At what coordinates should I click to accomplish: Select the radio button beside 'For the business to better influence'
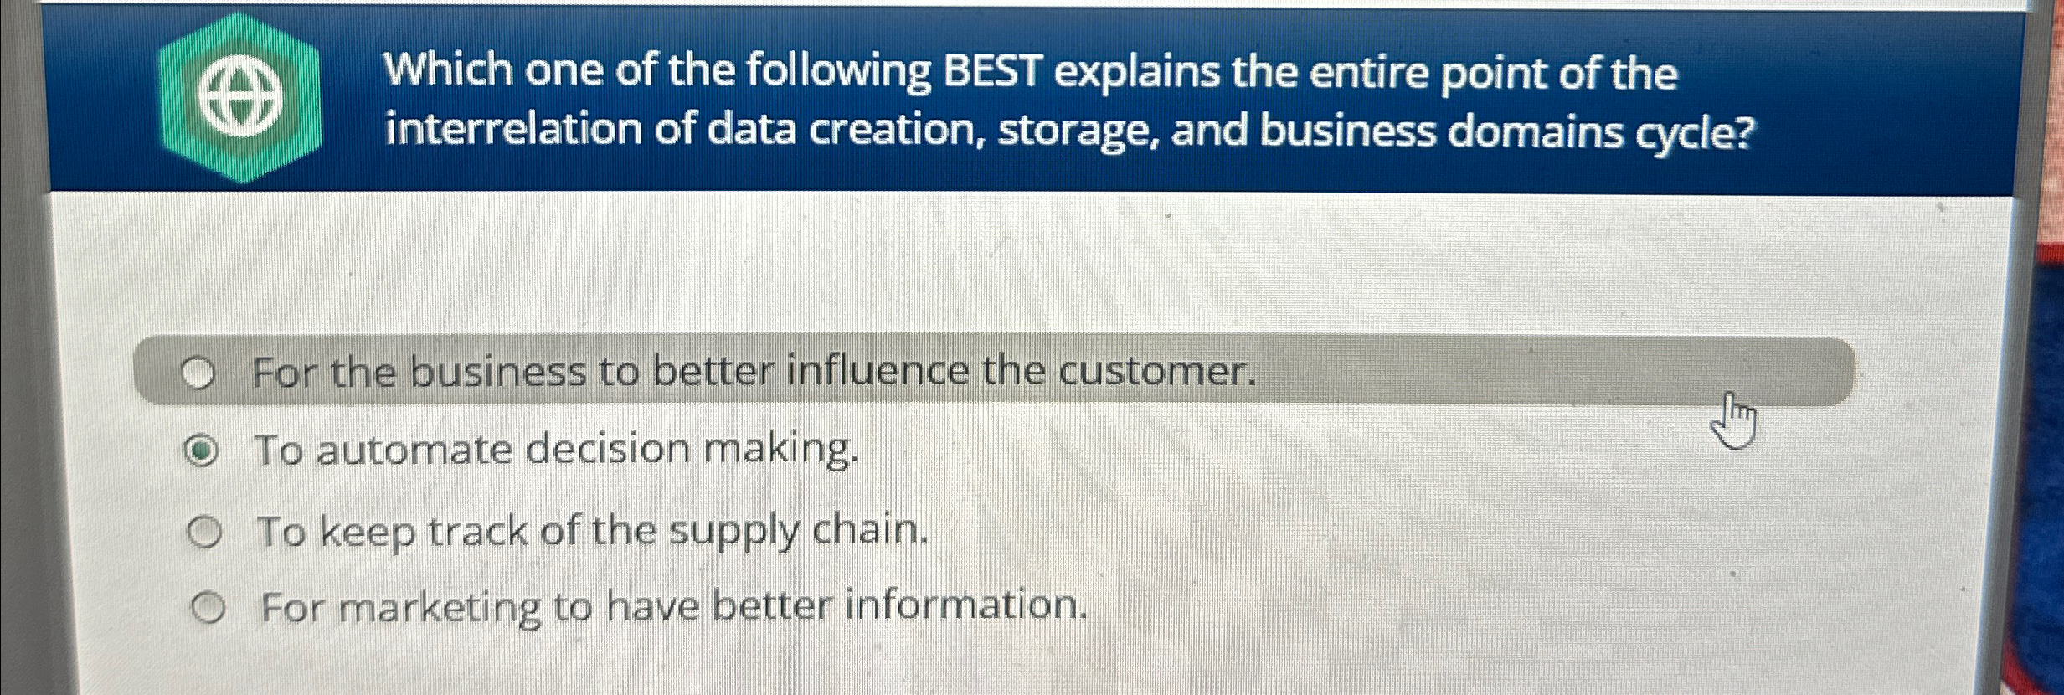coord(198,374)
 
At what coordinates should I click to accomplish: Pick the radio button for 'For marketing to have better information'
coord(208,608)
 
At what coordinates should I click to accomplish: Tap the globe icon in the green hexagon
coord(240,99)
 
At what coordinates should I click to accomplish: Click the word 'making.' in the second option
coord(780,450)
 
